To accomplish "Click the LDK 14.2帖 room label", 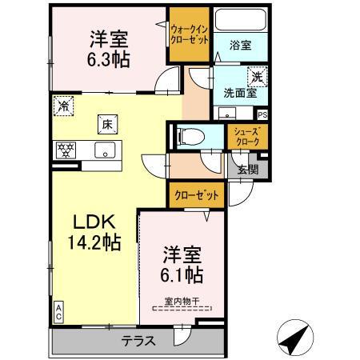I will coord(94,232).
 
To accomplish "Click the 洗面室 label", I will coord(239,92).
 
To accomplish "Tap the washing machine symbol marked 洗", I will coord(256,78).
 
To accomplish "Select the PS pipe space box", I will coord(262,114).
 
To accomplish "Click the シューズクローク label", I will coord(246,137).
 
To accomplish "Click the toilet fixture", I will coord(186,136).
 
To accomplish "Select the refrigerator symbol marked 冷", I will coord(63,104).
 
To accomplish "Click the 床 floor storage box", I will coord(106,124).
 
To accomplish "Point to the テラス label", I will coord(138,340).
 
